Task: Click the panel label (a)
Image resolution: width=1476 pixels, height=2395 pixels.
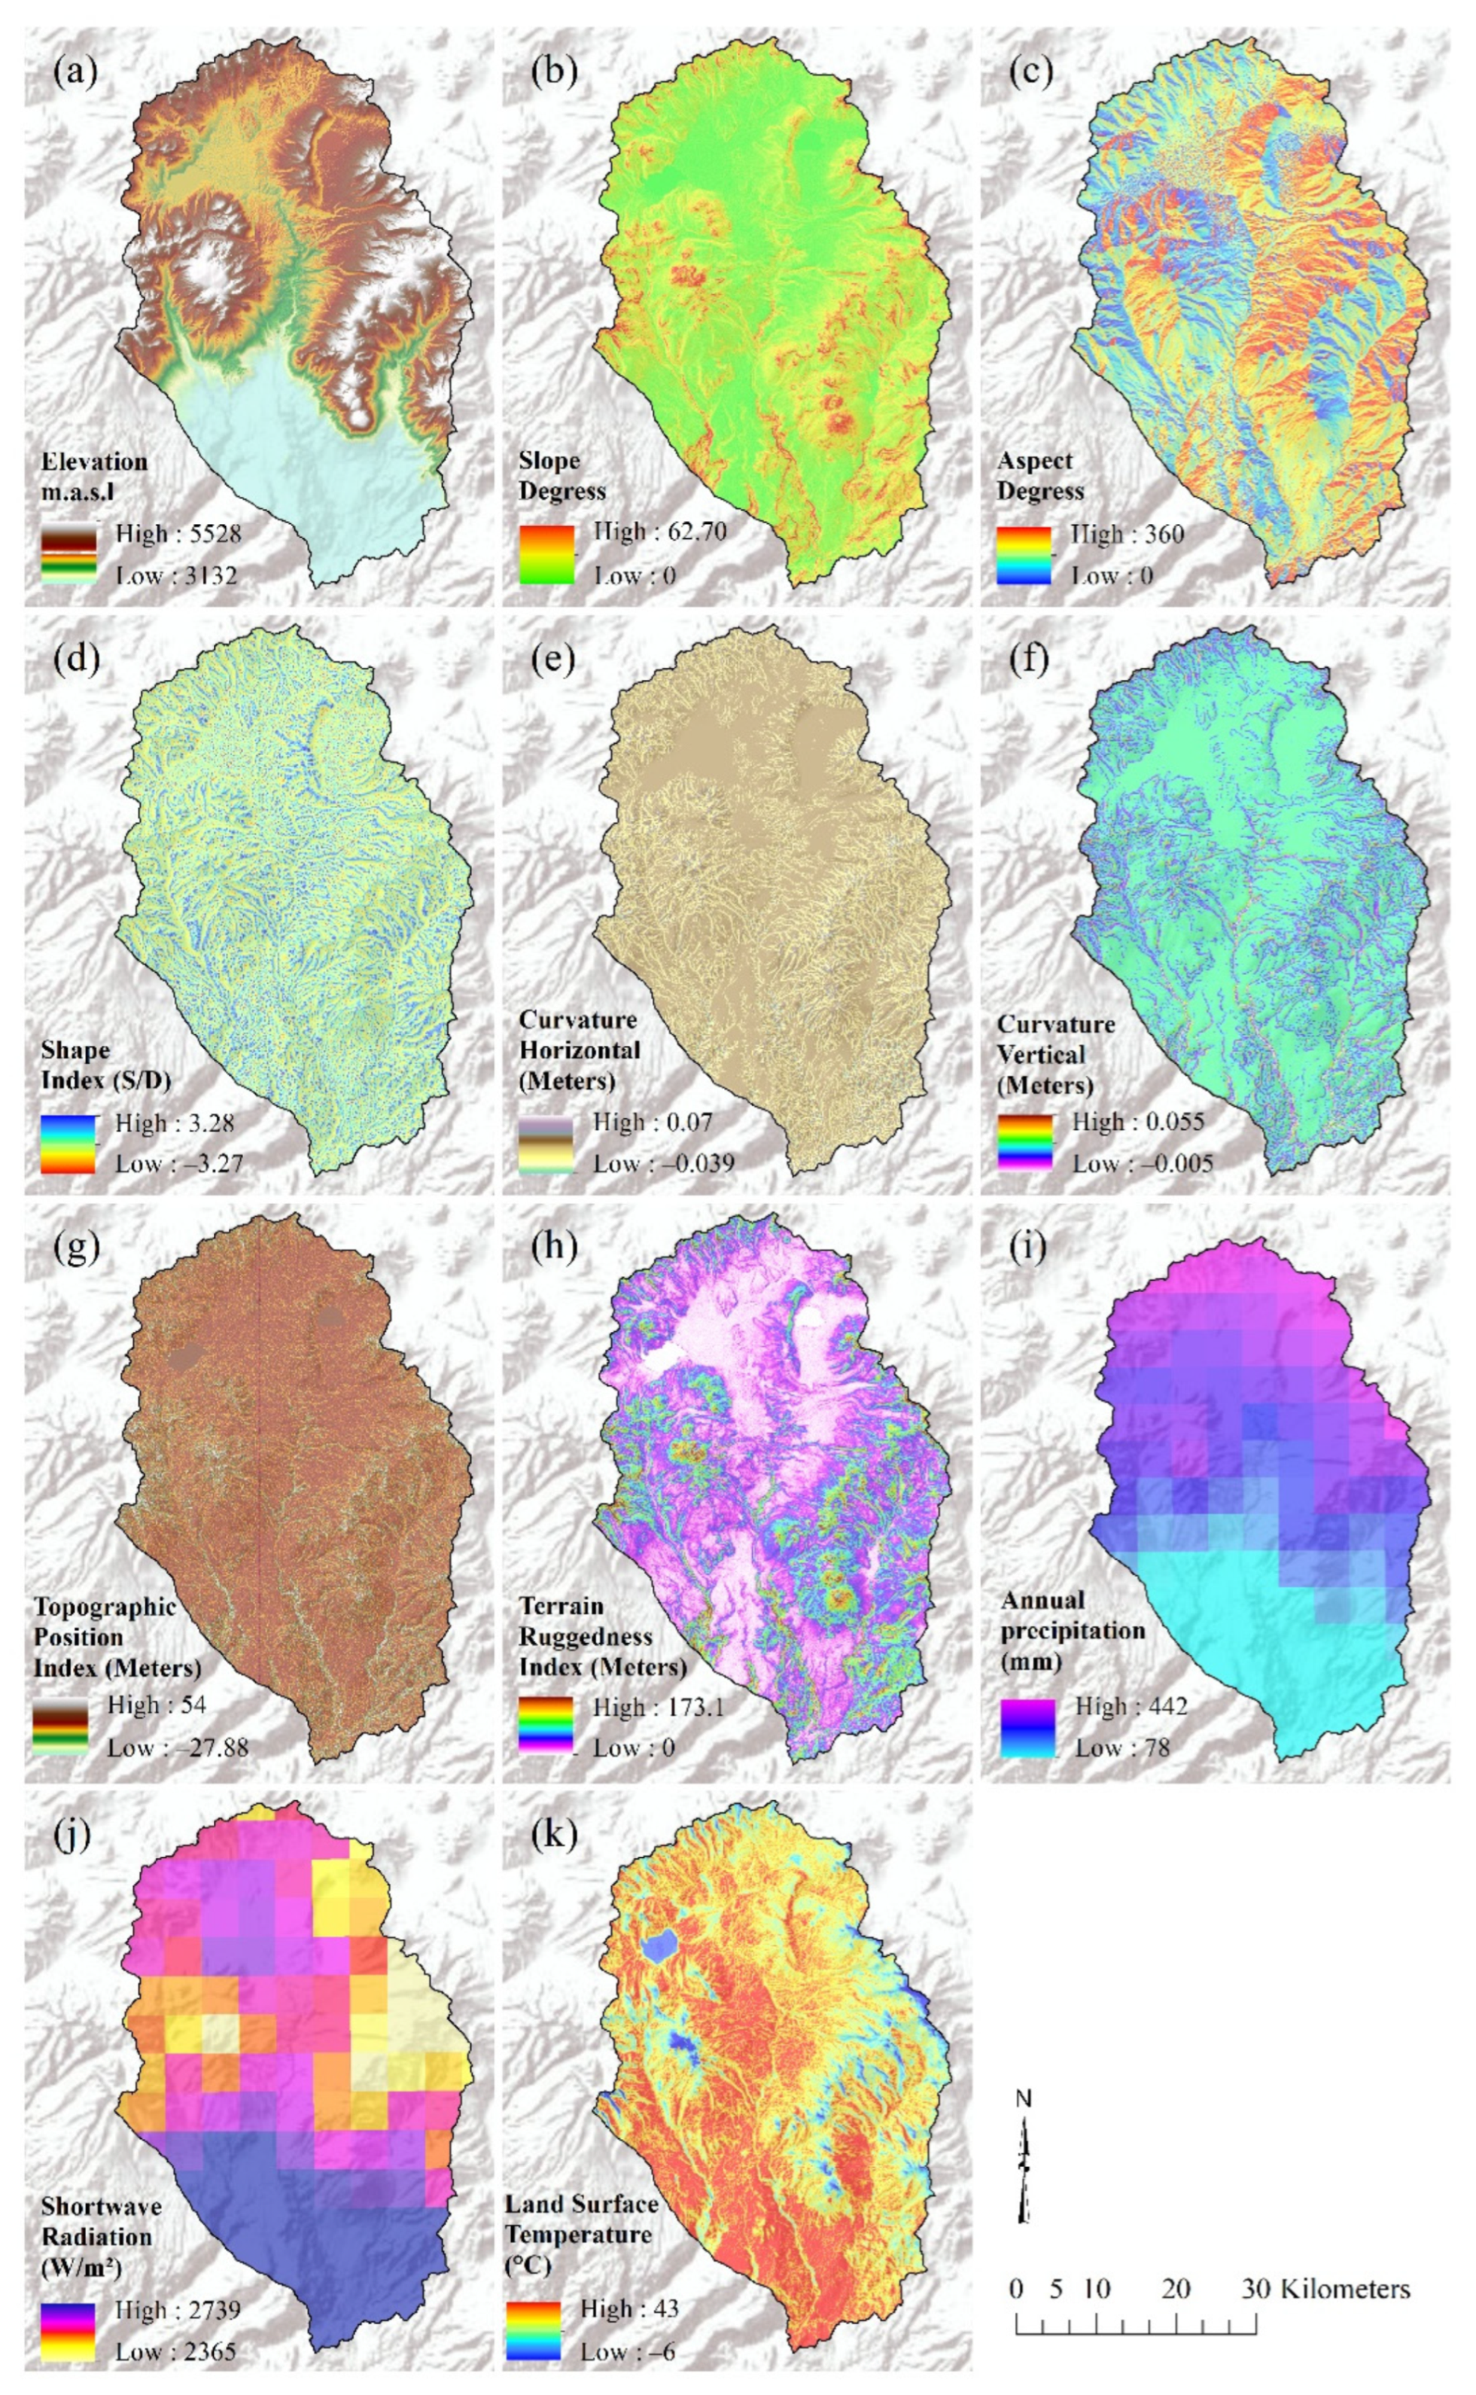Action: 76,73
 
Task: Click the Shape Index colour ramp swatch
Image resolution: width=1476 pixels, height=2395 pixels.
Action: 67,1144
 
